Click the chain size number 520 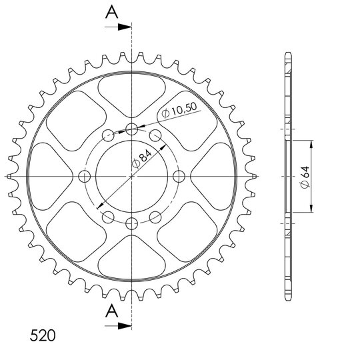43,335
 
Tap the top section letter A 112,12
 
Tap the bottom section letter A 112,311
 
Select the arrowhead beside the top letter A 125,27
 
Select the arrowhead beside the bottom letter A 125,325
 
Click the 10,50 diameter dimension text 179,110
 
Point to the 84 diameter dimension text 142,159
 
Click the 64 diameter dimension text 305,177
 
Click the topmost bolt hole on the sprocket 132,129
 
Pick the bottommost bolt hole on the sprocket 132,223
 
